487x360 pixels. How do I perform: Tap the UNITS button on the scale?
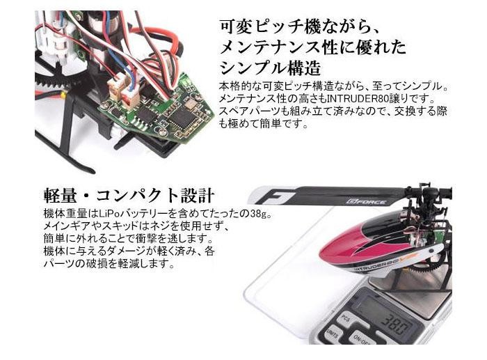click(331, 335)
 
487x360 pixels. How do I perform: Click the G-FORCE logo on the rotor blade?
click(367, 202)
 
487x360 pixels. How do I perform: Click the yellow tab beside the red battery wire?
click(63, 95)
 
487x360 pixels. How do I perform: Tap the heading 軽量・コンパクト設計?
click(129, 195)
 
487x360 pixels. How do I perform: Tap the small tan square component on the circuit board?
click(189, 102)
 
